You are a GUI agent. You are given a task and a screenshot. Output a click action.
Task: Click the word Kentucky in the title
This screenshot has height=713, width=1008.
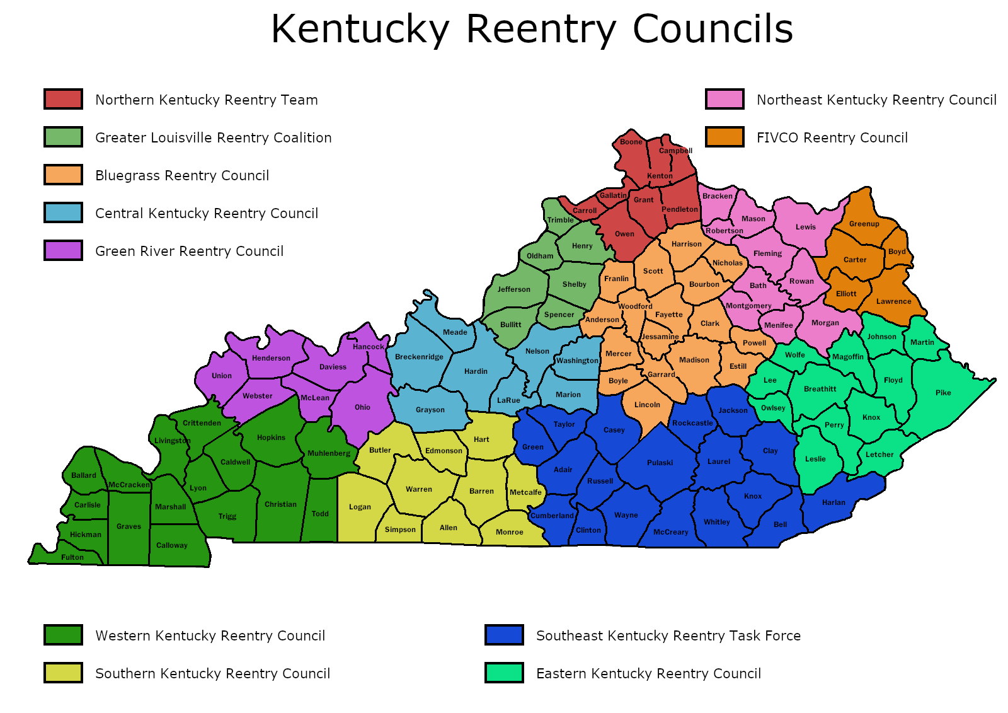[x=360, y=29]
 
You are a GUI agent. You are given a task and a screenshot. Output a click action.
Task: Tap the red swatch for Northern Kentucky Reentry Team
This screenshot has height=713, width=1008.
[x=63, y=100]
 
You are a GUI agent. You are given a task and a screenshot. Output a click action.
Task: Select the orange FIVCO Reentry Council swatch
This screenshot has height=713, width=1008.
[x=724, y=137]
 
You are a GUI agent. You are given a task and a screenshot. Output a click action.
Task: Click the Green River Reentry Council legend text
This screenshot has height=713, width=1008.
[x=189, y=252]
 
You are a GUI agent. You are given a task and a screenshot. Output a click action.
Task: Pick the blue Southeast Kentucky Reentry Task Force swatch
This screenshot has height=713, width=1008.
[x=504, y=635]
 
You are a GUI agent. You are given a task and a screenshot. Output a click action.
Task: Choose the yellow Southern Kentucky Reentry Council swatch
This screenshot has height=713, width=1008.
[x=63, y=673]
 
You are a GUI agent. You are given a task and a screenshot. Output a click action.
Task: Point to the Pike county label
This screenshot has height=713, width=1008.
[x=943, y=393]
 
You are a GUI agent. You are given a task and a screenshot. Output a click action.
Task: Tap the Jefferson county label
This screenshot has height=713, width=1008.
[x=514, y=289]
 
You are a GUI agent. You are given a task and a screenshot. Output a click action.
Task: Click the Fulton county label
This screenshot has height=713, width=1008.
[x=72, y=557]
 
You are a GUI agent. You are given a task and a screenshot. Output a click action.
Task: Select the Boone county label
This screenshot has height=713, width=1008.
[x=631, y=142]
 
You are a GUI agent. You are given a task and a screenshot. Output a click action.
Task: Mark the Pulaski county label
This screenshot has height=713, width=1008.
[x=660, y=463]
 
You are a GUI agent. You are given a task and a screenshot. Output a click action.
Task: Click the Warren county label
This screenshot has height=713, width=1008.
[x=419, y=489]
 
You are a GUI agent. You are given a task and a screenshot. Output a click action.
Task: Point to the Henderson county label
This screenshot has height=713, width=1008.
[x=271, y=358]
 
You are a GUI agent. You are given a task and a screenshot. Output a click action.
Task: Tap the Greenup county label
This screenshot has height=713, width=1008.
[x=864, y=224]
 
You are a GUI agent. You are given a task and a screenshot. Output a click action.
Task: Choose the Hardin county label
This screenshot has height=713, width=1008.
[x=476, y=371]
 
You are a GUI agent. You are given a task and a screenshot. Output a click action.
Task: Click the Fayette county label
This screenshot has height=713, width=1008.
[x=668, y=315]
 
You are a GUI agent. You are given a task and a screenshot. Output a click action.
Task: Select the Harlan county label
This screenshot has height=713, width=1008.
[x=833, y=502]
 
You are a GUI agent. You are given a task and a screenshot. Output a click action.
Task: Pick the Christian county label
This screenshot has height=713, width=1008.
[x=280, y=504]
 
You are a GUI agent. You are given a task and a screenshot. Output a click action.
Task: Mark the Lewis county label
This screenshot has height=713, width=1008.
[x=805, y=227]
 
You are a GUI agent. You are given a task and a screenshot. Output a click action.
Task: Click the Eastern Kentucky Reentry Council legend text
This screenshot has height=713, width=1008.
[x=648, y=674]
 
